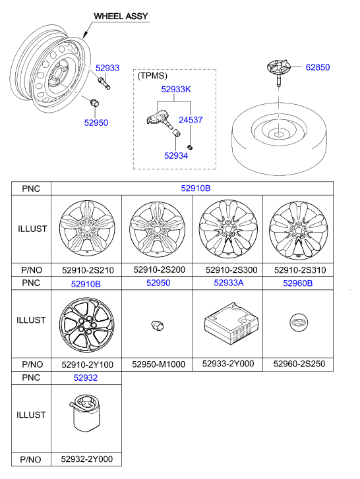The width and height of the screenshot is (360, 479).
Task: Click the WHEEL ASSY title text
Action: click(121, 16)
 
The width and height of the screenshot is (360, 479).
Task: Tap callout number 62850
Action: click(318, 67)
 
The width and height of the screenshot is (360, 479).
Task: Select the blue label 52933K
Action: click(176, 89)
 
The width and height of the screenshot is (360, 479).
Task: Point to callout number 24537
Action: click(191, 120)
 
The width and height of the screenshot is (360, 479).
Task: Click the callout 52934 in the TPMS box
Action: click(176, 155)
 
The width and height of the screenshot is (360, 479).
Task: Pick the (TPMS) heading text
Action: click(152, 76)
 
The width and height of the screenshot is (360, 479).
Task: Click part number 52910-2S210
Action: click(88, 270)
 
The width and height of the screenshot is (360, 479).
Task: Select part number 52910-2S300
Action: click(231, 269)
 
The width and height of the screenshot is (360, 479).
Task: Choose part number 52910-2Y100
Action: click(88, 364)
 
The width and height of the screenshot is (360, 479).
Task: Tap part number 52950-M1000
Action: click(159, 364)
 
